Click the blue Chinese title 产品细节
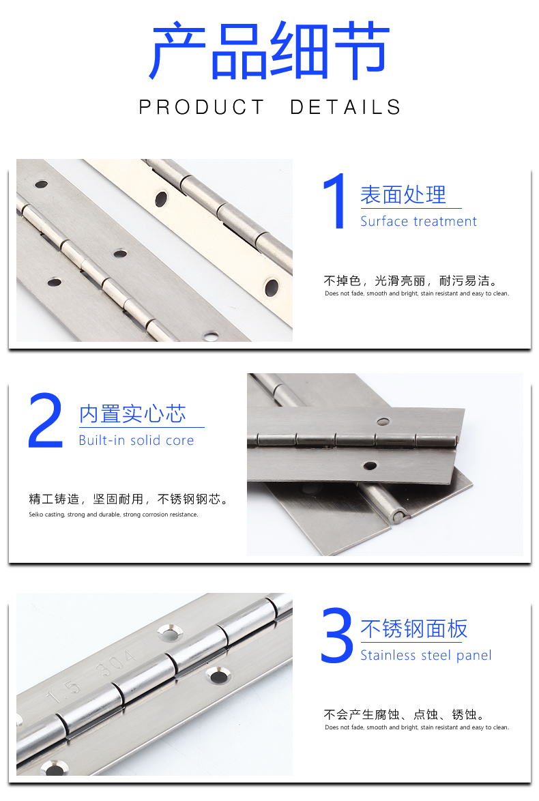coord(269,50)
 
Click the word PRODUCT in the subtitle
coord(202,107)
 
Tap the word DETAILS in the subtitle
coord(346,107)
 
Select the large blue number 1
coord(334,201)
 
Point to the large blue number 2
coord(46,420)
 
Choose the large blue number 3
coord(336,635)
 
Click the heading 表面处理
coord(403,194)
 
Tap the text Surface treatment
coord(418,221)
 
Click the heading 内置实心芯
coord(132,413)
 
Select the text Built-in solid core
coord(136,440)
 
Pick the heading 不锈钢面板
coord(414,629)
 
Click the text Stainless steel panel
coord(426,656)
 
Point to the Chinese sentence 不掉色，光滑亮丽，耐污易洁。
coord(410,280)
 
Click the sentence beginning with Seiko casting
coord(113,514)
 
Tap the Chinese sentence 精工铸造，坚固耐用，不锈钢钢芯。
coord(128,499)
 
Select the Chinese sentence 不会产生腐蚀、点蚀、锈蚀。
coord(404,714)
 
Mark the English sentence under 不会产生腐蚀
coord(417,727)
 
